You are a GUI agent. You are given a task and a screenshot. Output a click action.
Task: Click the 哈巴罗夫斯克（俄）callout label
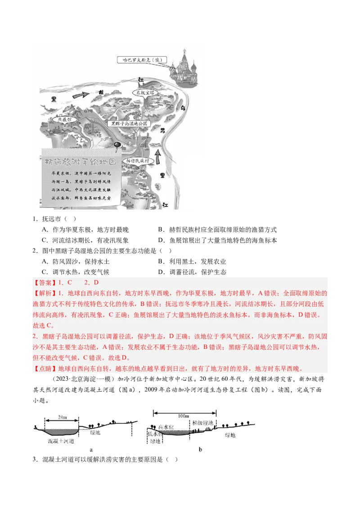(138, 60)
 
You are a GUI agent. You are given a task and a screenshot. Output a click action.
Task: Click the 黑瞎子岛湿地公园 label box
(129, 123)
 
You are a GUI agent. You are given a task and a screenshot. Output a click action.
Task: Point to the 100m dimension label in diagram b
(184, 416)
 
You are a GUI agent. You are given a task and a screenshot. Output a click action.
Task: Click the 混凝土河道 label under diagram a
(61, 442)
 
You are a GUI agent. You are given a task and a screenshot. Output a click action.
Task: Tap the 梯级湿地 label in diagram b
(201, 423)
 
